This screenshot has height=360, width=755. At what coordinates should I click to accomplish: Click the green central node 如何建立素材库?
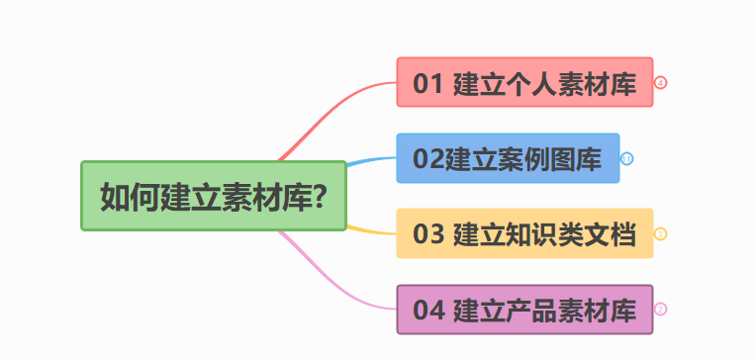214,196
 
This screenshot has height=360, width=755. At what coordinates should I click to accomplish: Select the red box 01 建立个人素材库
524,82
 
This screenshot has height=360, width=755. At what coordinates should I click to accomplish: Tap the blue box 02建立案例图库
508,158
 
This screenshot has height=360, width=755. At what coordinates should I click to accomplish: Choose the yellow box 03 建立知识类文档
524,233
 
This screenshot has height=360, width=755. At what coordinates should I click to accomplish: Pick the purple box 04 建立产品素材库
524,310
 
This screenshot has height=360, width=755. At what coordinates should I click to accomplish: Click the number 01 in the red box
427,83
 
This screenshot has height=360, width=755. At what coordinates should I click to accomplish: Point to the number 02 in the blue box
427,159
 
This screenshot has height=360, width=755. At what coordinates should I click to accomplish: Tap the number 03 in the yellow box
427,234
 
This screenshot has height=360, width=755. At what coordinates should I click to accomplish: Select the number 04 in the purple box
427,311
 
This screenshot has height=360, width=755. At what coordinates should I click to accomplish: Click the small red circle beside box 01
661,82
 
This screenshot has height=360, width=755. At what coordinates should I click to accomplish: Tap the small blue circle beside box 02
626,158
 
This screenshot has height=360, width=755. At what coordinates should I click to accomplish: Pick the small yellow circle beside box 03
661,233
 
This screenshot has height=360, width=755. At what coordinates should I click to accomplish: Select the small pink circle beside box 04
661,309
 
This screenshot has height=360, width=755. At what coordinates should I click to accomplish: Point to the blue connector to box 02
371,160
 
